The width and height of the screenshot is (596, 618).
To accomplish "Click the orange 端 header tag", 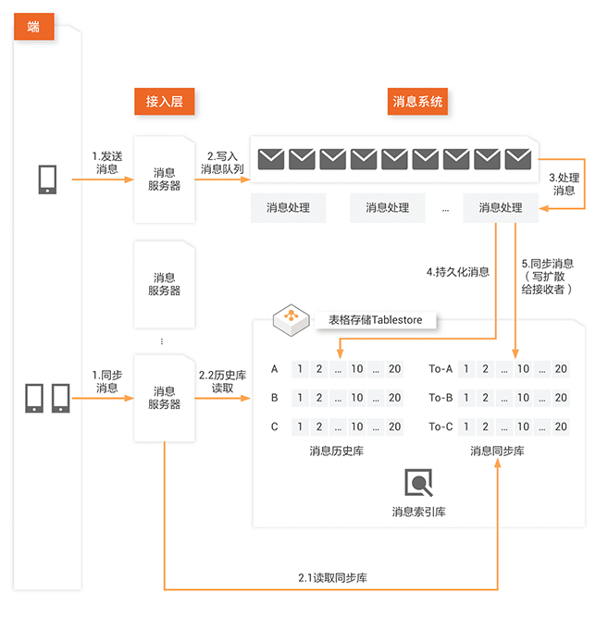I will point(33,27).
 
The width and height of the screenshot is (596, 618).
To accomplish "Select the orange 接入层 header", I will point(164,101).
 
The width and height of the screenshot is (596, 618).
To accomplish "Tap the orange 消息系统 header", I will point(418,101).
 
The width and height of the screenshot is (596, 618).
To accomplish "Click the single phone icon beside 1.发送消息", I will point(47,179).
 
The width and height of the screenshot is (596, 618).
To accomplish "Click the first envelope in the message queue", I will point(271,159).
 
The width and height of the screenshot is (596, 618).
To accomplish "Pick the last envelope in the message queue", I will point(518,159).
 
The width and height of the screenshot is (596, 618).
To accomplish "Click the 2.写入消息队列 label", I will point(222,162).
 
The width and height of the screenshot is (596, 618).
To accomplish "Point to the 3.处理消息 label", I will point(564,183).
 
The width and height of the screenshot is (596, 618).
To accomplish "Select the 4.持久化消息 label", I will point(458,272).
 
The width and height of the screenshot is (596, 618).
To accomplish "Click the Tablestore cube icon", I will point(289,319).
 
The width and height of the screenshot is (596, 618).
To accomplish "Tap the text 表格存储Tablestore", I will point(375,320).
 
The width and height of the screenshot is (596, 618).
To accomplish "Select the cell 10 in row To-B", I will point(523,398).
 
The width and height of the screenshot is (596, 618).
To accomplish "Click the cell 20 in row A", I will point(395,369).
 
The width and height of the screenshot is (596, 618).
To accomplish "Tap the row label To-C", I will point(441,426).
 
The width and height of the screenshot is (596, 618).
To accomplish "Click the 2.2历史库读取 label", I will point(222,382).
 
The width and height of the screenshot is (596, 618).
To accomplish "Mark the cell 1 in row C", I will point(300,426).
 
